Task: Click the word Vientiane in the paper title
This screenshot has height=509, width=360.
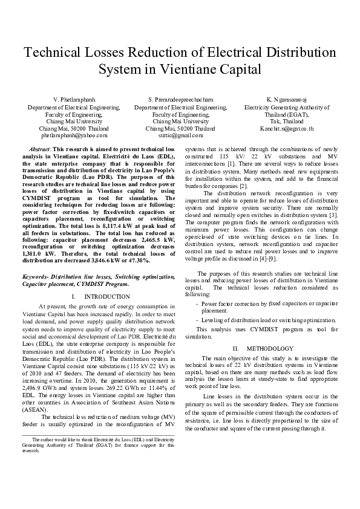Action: pos(197,70)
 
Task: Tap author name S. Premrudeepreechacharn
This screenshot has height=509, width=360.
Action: pos(180,99)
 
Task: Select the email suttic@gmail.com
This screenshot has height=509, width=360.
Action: pos(180,136)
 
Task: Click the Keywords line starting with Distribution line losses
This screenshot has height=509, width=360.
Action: pos(99,276)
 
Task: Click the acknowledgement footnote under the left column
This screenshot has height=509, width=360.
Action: pos(99,444)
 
